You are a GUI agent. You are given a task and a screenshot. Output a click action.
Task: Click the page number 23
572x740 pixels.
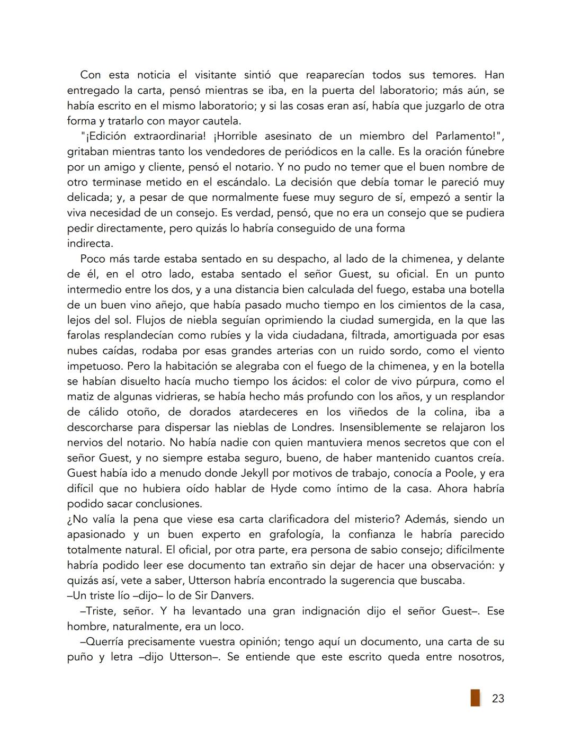(497, 699)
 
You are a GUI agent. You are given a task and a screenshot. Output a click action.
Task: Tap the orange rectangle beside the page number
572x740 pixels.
(475, 698)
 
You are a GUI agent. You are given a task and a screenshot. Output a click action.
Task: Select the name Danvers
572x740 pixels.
(246, 595)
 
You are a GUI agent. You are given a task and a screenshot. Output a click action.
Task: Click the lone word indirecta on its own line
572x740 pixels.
(90, 244)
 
